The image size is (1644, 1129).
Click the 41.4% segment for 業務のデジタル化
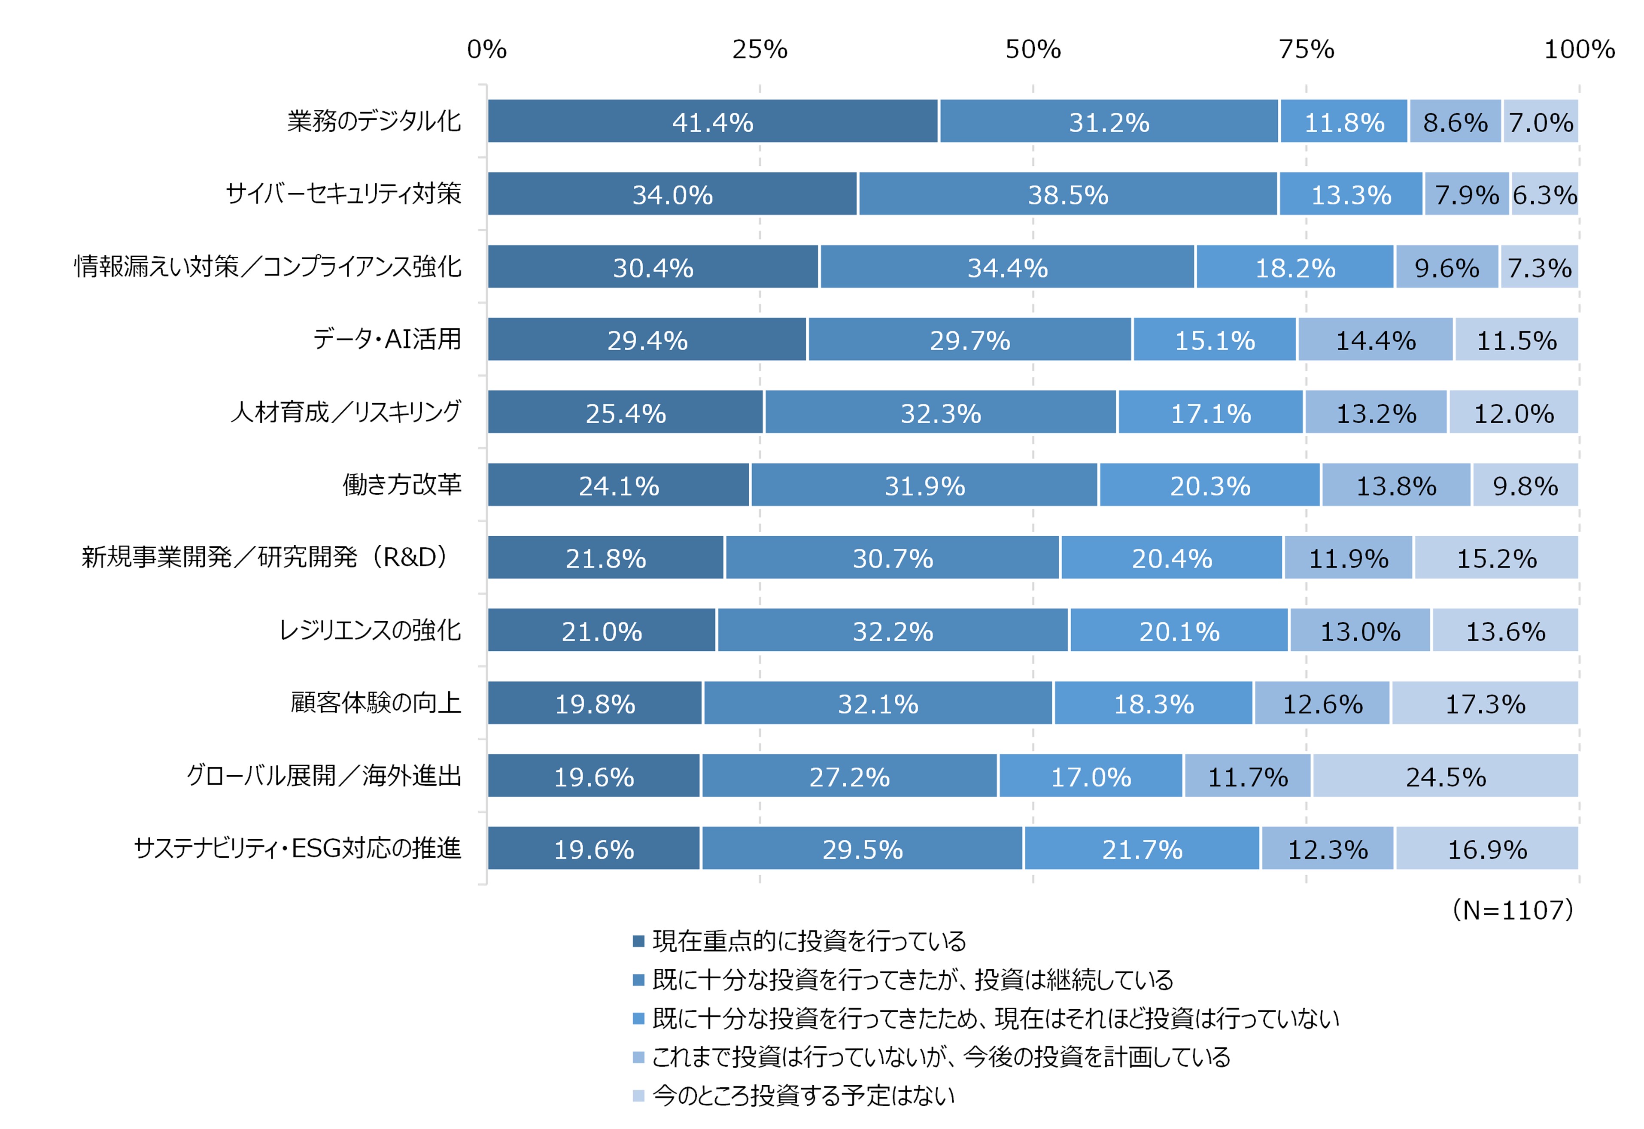(712, 121)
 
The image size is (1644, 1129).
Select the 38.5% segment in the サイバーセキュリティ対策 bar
(1067, 194)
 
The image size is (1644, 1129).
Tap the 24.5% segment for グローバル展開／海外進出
(1445, 776)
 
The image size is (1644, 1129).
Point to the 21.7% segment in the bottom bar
(1142, 849)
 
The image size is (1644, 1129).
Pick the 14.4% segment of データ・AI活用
(1375, 340)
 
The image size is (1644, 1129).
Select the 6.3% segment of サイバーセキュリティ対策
(1544, 194)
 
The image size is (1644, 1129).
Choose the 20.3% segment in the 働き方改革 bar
(1209, 485)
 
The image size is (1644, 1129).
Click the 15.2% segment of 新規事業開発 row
(1496, 558)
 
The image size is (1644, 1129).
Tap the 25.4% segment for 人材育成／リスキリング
(625, 413)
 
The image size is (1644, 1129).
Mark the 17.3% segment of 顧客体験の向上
(1485, 703)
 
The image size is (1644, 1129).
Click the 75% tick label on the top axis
(1306, 49)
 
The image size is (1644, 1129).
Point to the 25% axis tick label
(760, 49)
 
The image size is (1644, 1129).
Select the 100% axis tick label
(1579, 49)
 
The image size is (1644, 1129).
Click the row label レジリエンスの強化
(370, 630)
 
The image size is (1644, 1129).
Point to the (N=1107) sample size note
(1513, 910)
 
